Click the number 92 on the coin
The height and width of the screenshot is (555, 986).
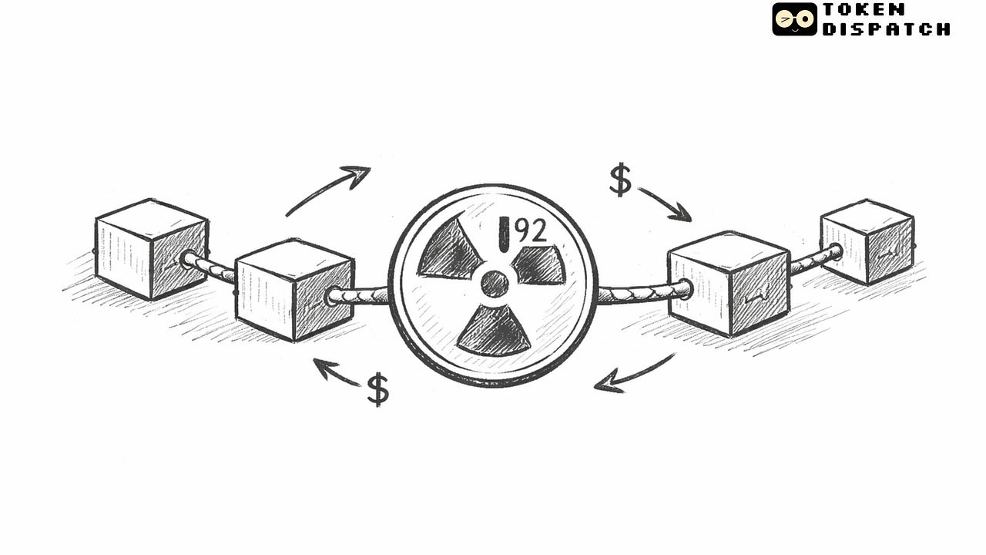531,230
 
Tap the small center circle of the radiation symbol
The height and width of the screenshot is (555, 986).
495,284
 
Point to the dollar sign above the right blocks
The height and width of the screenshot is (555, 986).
620,180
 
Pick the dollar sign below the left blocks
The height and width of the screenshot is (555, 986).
377,389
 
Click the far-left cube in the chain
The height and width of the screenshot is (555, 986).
151,249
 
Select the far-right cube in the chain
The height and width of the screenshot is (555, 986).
867,240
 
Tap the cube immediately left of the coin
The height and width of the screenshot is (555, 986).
293,289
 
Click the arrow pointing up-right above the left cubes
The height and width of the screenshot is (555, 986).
327,190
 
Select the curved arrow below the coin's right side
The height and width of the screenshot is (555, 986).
633,375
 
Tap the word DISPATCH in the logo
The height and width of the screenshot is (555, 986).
886,29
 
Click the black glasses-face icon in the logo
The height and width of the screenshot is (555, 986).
794,19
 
